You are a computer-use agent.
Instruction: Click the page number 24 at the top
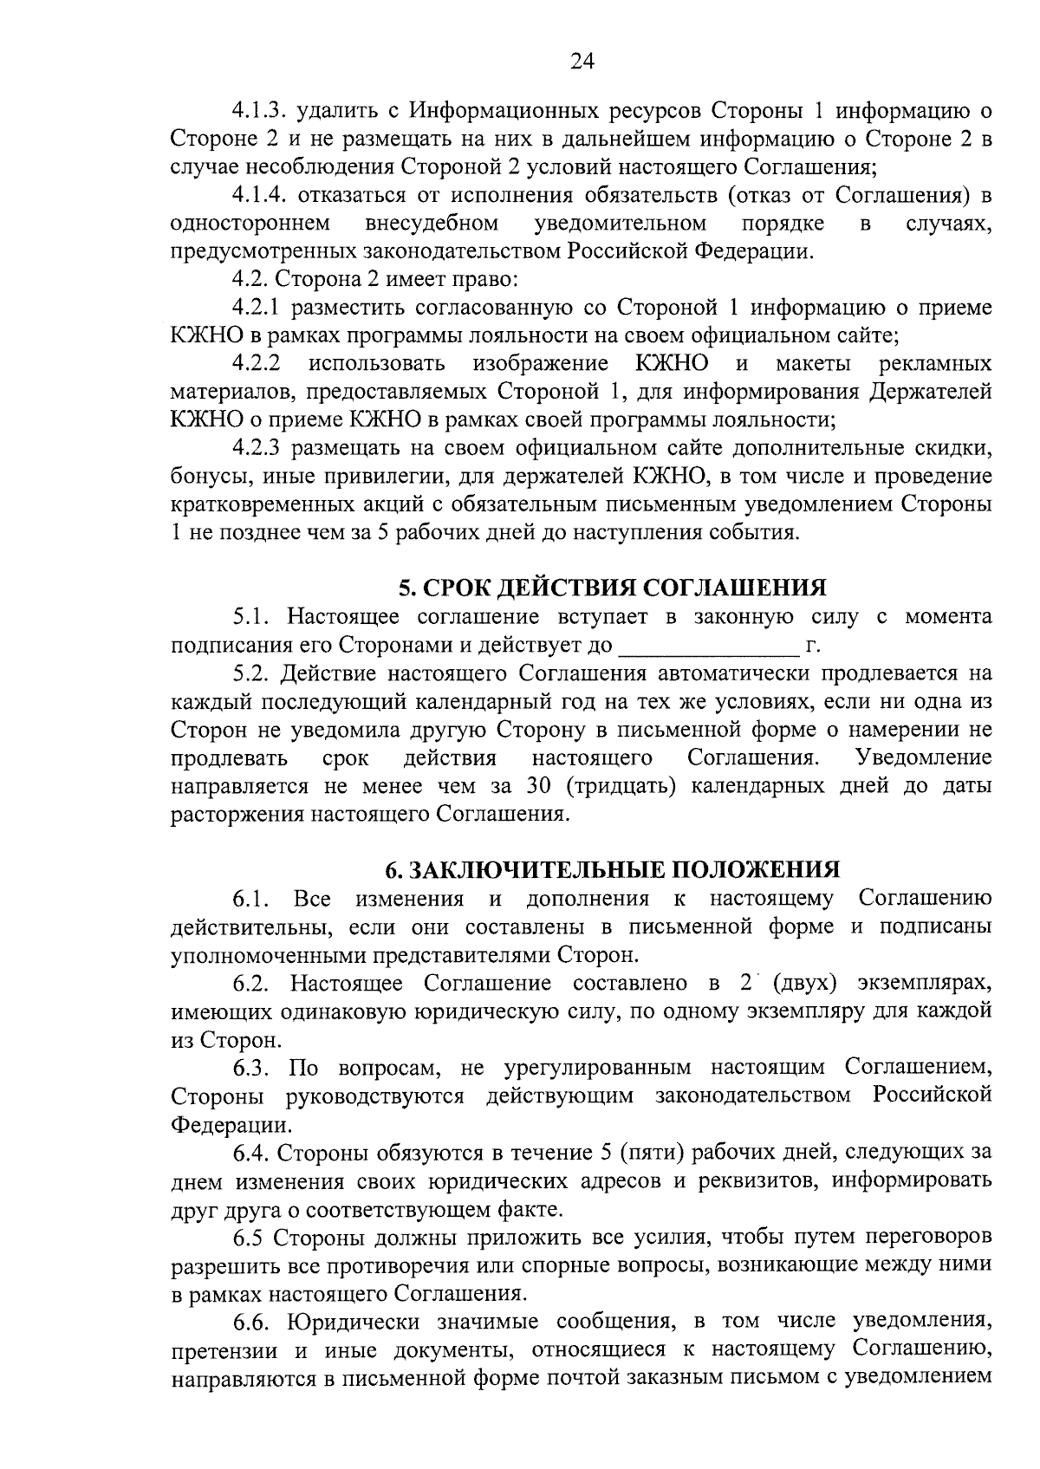pyautogui.click(x=582, y=60)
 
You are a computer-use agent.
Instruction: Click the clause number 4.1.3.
pyautogui.click(x=260, y=111)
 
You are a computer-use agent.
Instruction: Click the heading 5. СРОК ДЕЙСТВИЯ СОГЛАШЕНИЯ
pyautogui.click(x=612, y=588)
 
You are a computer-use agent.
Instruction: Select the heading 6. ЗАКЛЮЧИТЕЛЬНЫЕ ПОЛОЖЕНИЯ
pyautogui.click(x=612, y=868)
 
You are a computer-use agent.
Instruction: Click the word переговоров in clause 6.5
pyautogui.click(x=926, y=1236)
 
